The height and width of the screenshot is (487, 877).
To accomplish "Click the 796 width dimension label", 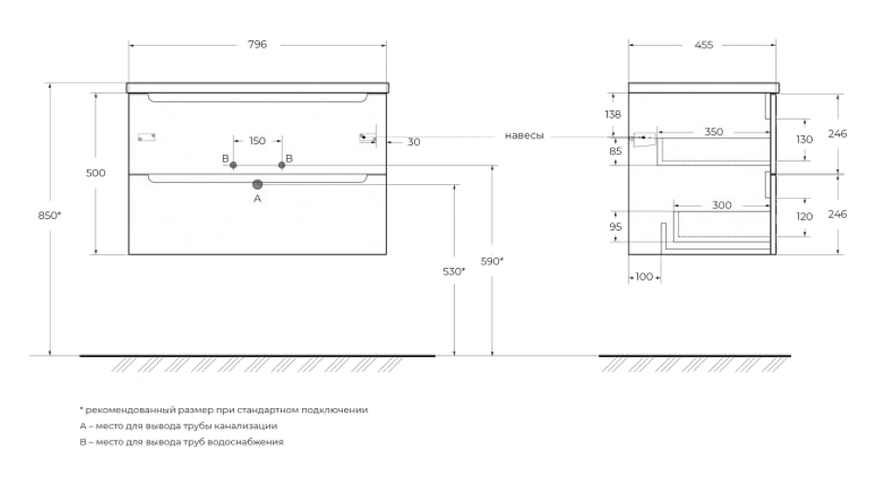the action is pyautogui.click(x=257, y=45).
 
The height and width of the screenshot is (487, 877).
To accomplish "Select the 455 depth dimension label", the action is pyautogui.click(x=704, y=45).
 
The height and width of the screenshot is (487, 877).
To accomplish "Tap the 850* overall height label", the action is pyautogui.click(x=50, y=215).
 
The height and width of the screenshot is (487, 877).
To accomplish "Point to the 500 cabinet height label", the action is pyautogui.click(x=95, y=173).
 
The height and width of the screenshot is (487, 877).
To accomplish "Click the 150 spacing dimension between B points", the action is pyautogui.click(x=257, y=141).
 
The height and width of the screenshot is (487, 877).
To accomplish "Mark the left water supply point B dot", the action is pyautogui.click(x=233, y=166).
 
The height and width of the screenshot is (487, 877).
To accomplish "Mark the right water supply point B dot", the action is pyautogui.click(x=282, y=166).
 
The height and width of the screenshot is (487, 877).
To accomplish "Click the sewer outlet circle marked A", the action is pyautogui.click(x=257, y=184).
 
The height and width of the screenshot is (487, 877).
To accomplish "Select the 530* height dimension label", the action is pyautogui.click(x=454, y=272).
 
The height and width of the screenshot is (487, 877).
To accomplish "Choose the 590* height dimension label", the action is pyautogui.click(x=492, y=261).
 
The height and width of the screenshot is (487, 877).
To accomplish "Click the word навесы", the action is pyautogui.click(x=524, y=135).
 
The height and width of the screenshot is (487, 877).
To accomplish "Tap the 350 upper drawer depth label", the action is pyautogui.click(x=713, y=131).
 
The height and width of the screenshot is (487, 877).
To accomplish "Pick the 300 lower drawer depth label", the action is pyautogui.click(x=722, y=206).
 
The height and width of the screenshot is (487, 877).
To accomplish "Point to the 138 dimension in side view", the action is pyautogui.click(x=613, y=115).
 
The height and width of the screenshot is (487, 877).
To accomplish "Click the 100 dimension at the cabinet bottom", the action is pyautogui.click(x=644, y=277).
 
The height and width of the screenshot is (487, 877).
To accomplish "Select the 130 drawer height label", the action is pyautogui.click(x=804, y=140).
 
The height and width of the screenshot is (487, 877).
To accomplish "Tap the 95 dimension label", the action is pyautogui.click(x=615, y=227).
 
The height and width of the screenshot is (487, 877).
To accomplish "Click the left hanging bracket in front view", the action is pyautogui.click(x=146, y=137).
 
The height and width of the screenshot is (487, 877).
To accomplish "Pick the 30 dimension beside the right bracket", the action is pyautogui.click(x=414, y=142).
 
